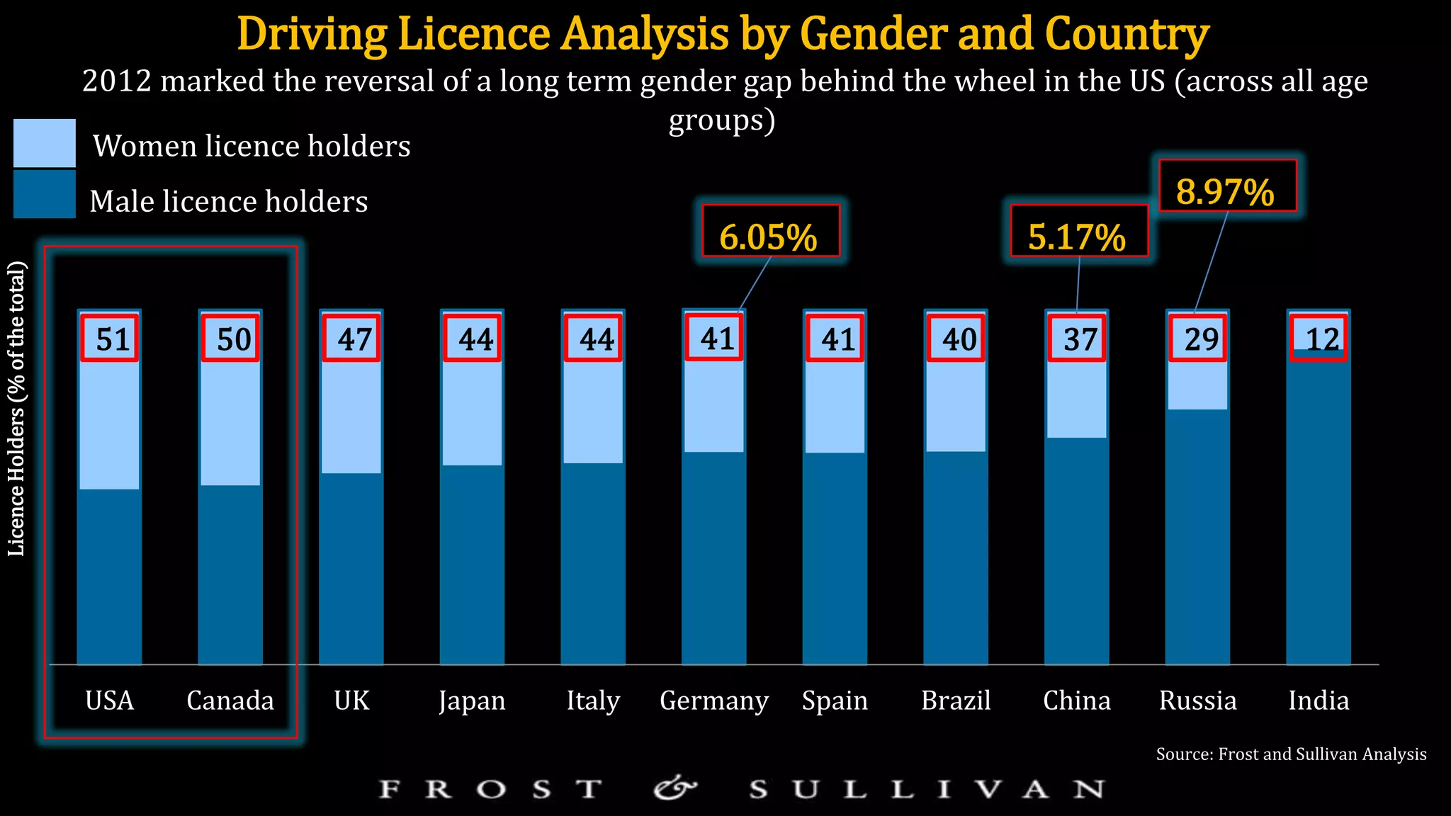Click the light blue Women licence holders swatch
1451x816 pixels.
tap(44, 143)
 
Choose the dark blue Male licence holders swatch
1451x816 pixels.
tap(44, 194)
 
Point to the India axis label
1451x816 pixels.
tap(1318, 701)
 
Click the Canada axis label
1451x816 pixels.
tap(230, 701)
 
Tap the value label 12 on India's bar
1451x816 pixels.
tap(1320, 339)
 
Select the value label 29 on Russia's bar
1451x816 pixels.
tap(1198, 339)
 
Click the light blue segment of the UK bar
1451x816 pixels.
tap(351, 418)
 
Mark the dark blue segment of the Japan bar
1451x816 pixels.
tap(472, 567)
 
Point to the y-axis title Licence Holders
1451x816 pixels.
tap(17, 409)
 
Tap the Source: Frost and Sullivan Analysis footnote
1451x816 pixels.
tap(1291, 754)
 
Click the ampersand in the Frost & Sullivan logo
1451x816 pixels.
tap(674, 788)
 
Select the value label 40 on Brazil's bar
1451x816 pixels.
tap(956, 339)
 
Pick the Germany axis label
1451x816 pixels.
tap(713, 701)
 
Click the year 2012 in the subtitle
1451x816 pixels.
tap(116, 81)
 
